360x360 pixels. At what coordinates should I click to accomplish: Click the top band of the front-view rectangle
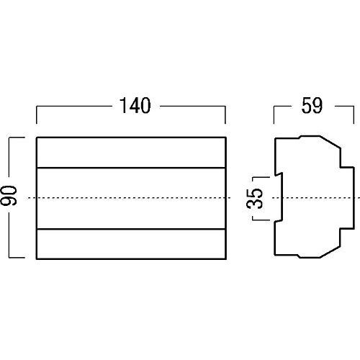(131, 152)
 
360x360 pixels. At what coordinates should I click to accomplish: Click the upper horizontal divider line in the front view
(131, 167)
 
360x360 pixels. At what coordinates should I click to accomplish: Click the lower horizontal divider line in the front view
(131, 228)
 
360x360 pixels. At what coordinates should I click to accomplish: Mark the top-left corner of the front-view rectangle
(36, 138)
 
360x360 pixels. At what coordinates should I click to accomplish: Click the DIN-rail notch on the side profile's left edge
(279, 197)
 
